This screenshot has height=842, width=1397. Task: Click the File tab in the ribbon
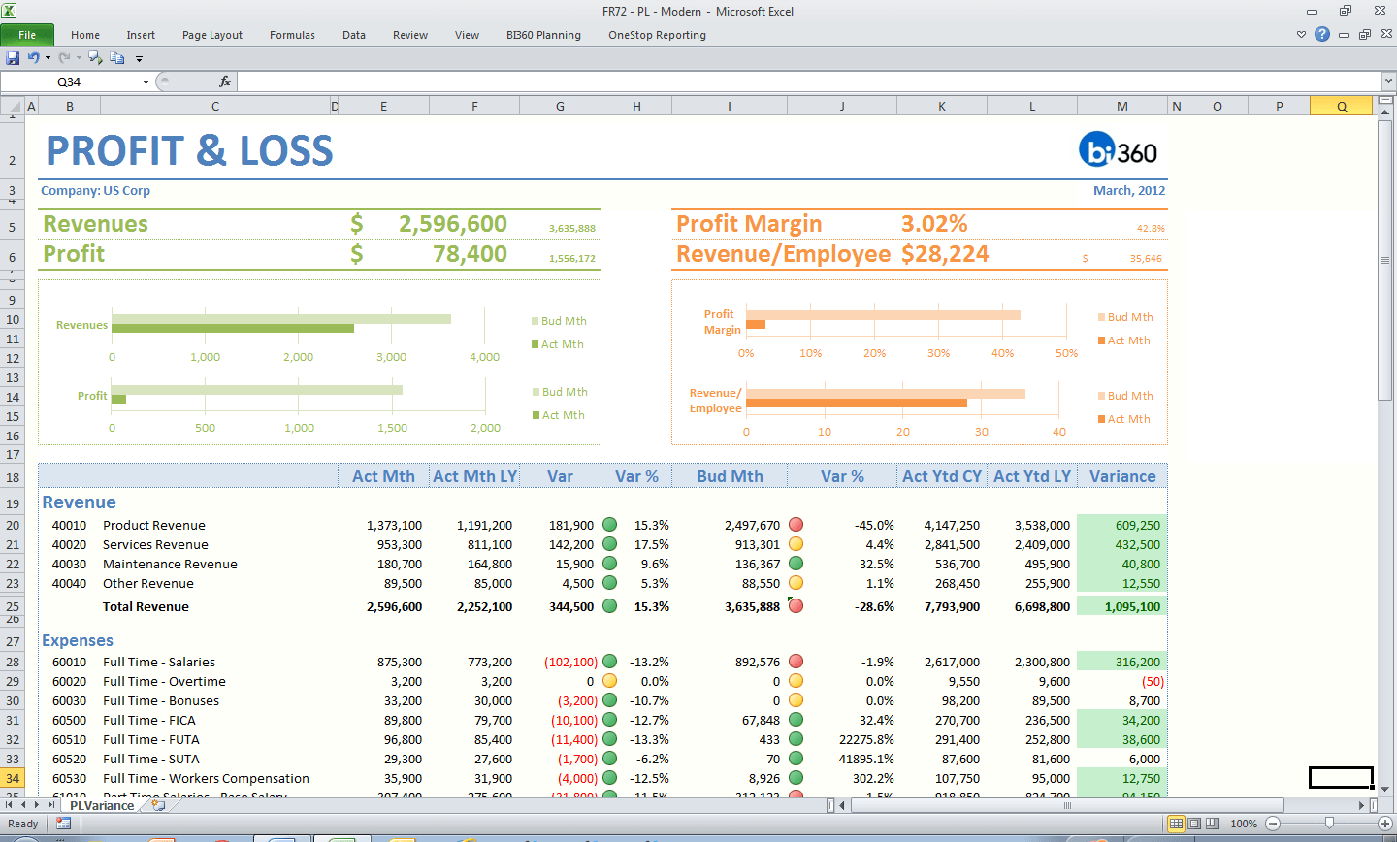27,35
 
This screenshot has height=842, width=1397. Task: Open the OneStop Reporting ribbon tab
657,35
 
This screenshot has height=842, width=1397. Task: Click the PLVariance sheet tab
102,805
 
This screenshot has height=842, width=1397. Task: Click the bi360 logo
1118,150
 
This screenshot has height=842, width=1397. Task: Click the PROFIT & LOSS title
190,151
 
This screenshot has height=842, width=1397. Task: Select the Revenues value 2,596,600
452,224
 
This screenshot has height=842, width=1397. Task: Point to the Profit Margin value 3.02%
933,224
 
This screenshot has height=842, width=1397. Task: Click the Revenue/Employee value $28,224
944,254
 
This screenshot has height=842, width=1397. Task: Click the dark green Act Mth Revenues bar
233,329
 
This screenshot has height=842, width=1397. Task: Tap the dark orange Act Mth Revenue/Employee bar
856,403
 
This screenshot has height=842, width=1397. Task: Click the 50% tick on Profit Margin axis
1066,353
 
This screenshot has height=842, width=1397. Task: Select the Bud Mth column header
730,476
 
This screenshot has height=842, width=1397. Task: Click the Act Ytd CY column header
941,476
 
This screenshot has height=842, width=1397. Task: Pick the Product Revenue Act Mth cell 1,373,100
394,525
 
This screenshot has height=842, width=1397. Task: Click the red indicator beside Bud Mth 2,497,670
796,525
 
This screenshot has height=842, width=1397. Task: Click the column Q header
1341,107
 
